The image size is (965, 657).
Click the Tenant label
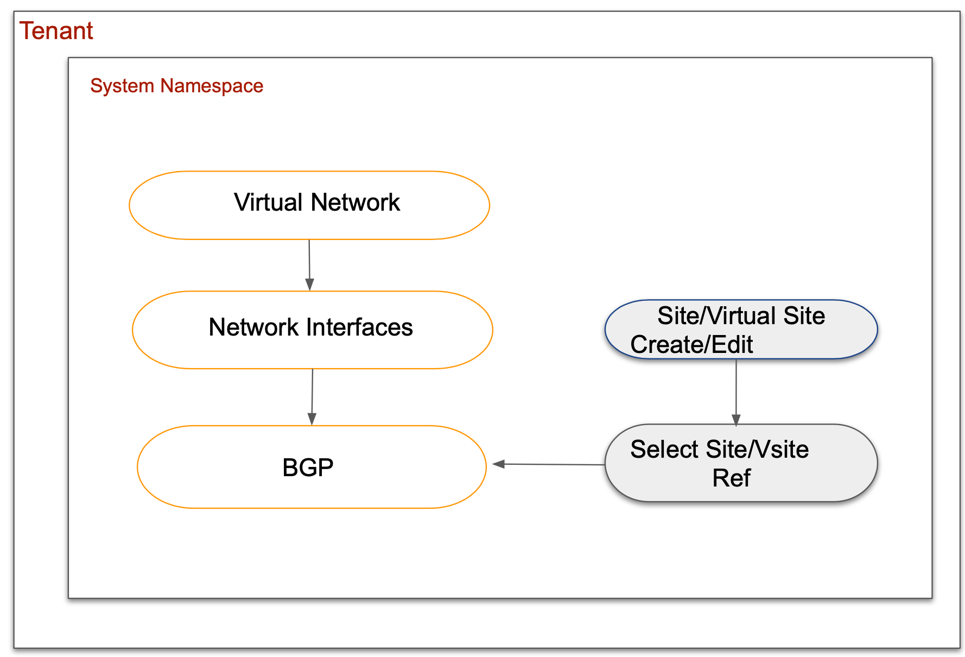point(56,31)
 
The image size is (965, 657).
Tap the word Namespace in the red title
point(212,86)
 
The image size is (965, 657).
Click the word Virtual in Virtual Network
point(269,203)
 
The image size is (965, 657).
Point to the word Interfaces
point(359,327)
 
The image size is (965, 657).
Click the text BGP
point(308,468)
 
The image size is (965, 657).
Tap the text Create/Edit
point(691,344)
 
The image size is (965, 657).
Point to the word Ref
point(731,478)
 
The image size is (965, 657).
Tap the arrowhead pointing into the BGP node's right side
point(498,464)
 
